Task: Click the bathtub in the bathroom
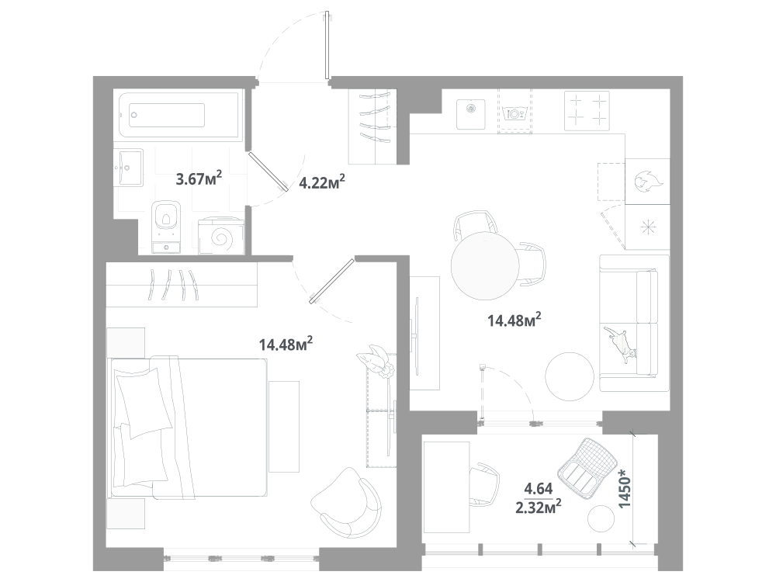[181, 116]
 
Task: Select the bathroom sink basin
[130, 168]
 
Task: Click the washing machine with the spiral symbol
[220, 237]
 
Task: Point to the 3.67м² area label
[199, 178]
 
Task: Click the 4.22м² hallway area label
[322, 182]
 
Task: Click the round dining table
[485, 265]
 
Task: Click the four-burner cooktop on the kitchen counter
[587, 111]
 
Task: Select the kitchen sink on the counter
[471, 114]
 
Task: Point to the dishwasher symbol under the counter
[514, 113]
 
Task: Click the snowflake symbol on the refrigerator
[648, 227]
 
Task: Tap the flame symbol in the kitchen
[647, 182]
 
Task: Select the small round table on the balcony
[601, 518]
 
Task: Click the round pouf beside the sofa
[570, 376]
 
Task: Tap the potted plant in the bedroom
[376, 362]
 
